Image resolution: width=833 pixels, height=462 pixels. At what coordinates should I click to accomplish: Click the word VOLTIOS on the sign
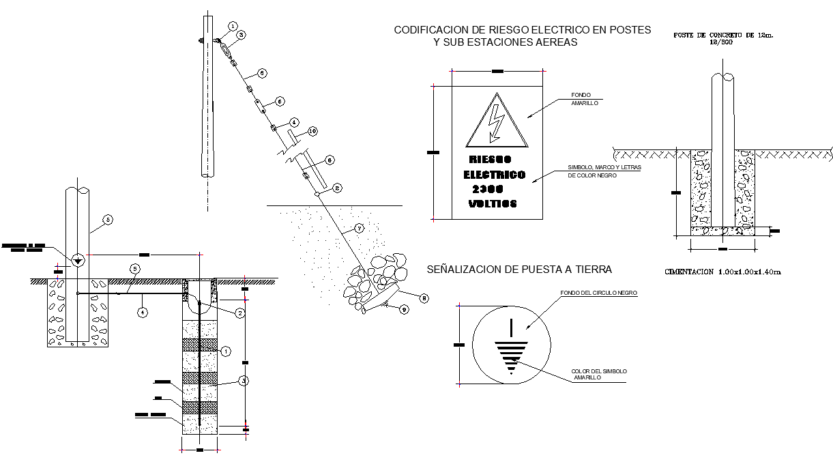pos(493,203)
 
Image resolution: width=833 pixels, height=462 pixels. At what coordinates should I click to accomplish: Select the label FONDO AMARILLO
pos(585,99)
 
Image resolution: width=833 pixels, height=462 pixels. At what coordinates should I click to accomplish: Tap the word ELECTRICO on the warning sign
pos(495,175)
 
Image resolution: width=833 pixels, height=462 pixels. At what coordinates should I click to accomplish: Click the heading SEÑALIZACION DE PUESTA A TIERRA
pos(519,270)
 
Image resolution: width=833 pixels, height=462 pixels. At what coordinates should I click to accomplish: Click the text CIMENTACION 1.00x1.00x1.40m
pos(722,272)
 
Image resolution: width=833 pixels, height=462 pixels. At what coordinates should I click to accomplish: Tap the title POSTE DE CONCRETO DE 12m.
pos(724,34)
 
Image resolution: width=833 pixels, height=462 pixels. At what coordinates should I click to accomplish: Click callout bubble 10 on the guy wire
pos(312,130)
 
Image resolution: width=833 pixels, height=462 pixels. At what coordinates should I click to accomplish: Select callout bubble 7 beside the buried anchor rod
pos(360,228)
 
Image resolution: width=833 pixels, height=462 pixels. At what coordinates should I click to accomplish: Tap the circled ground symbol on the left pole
pos(78,259)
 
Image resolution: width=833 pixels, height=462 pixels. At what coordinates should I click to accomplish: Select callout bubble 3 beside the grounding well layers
pos(244,381)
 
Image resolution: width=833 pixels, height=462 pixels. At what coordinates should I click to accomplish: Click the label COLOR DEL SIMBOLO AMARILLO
pos(599,374)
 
